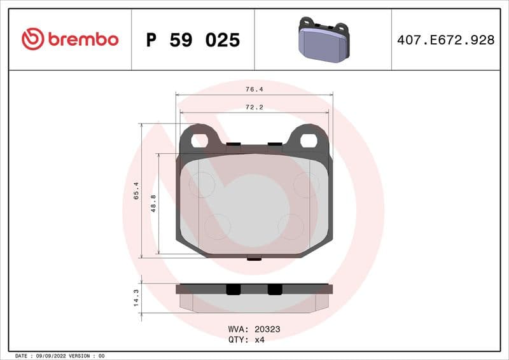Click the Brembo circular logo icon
coord(32,39)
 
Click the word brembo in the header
coord(81,39)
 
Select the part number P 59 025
coord(193,40)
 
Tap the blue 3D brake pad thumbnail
coord(323,39)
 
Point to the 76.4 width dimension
coord(254,90)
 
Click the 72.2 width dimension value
coord(254,107)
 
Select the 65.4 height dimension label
coord(136,191)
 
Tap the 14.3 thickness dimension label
coord(136,298)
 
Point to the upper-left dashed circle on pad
coord(201,184)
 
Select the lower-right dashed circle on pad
coord(291,226)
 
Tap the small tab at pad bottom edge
coord(254,258)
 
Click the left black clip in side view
coord(234,289)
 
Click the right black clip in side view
coord(274,289)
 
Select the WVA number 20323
coord(267,329)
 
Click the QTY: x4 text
coord(246,340)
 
